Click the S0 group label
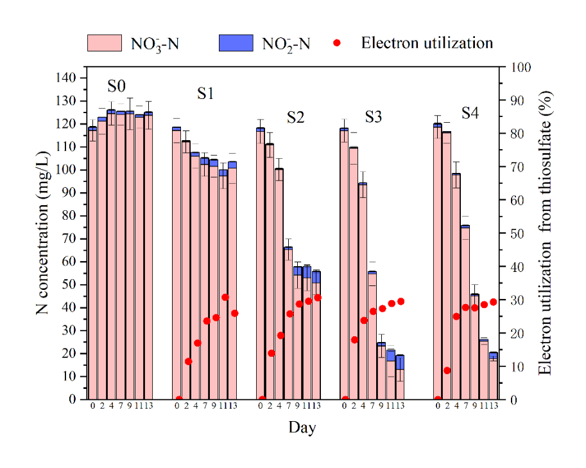(116, 86)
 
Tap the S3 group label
(374, 116)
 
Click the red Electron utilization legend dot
(339, 43)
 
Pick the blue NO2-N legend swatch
(237, 43)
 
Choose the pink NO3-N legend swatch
(104, 43)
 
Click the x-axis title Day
(302, 427)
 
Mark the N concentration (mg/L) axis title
(43, 238)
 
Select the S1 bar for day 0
(177, 264)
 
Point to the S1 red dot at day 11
(225, 297)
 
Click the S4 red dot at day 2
(447, 370)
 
